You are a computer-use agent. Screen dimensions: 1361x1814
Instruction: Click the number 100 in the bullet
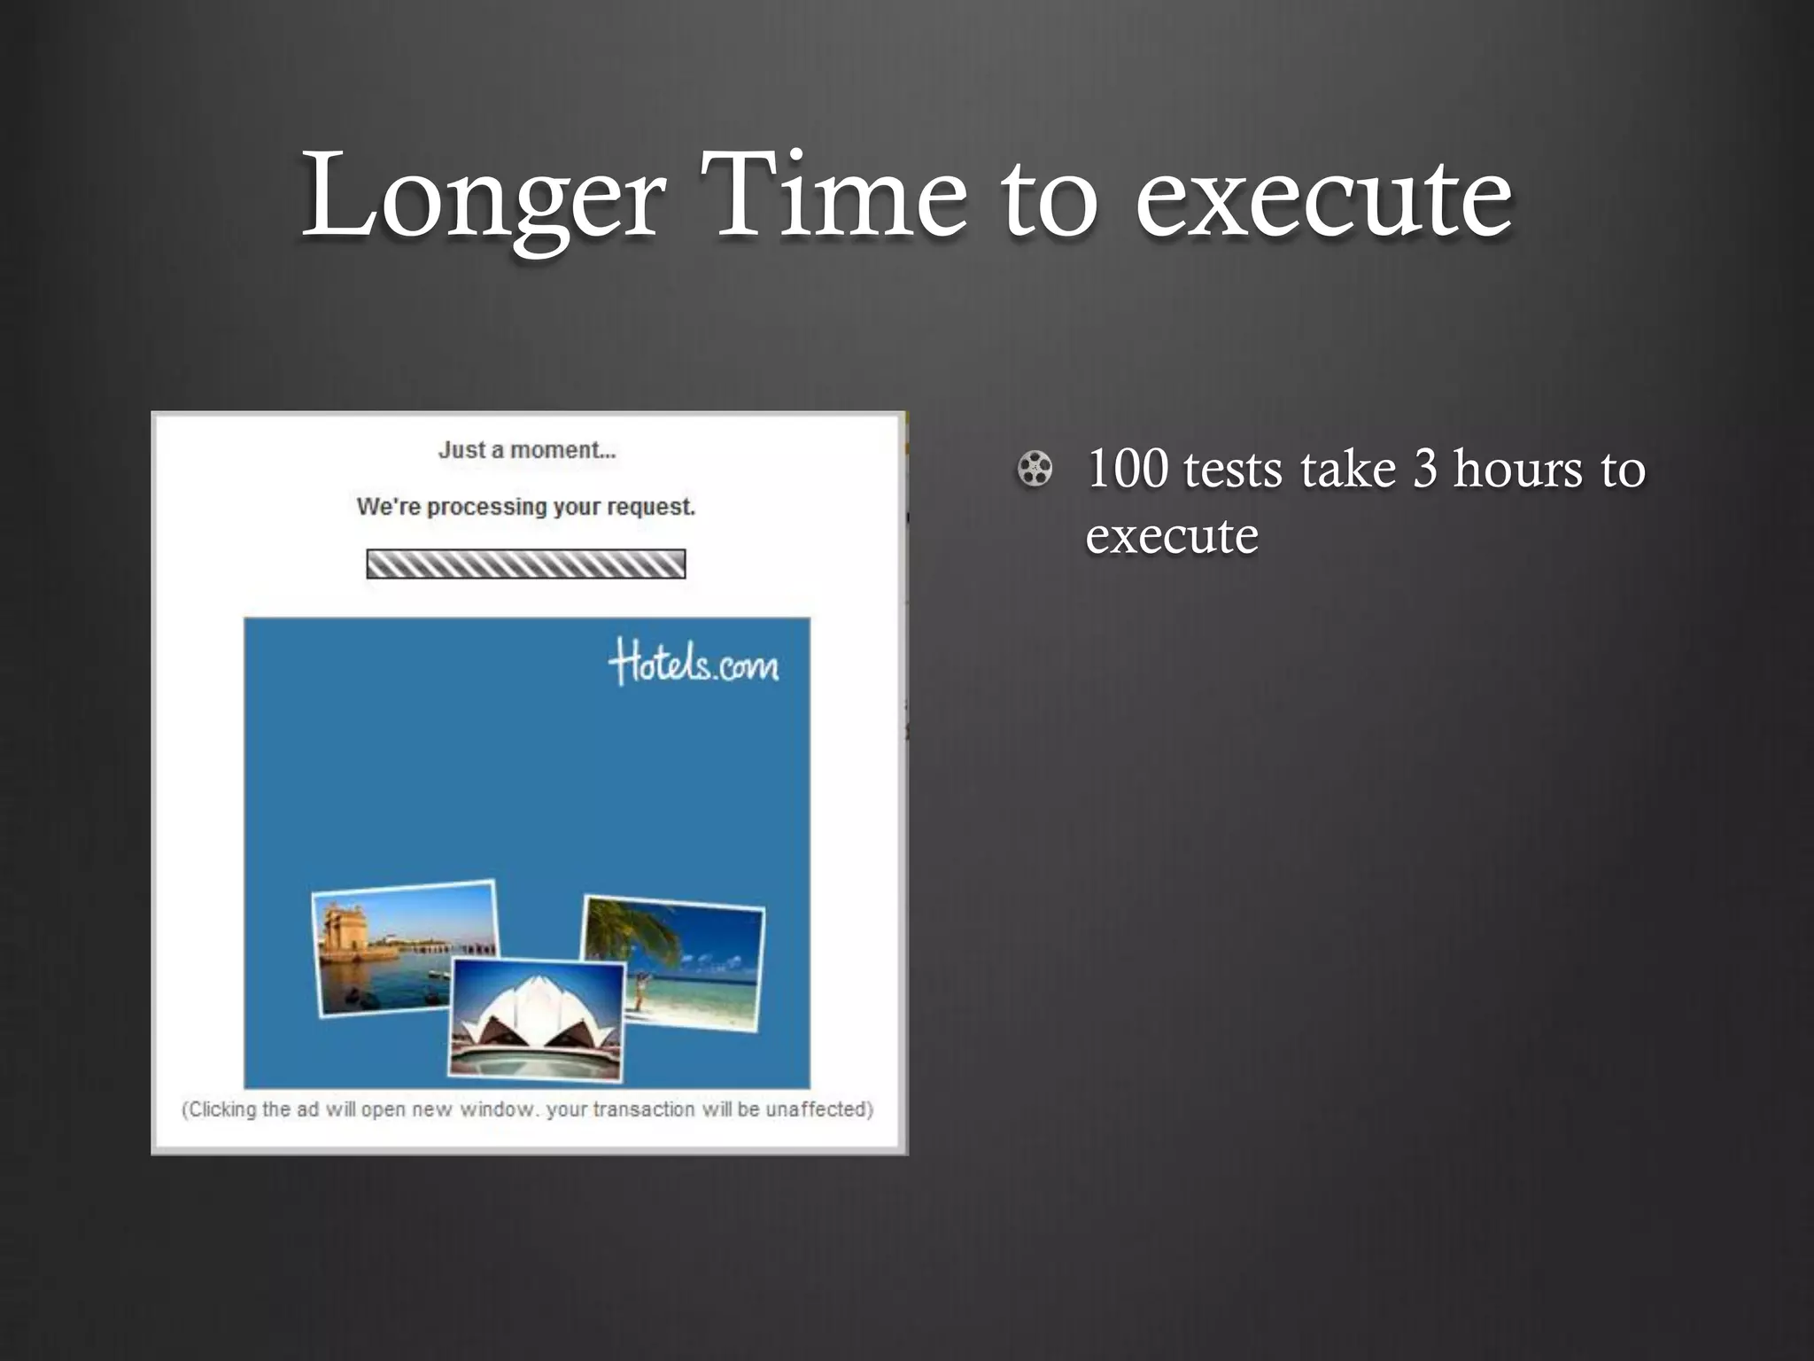(1127, 469)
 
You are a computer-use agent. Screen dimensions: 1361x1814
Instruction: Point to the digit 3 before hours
(1424, 469)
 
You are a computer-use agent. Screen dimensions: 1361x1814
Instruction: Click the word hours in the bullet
(1517, 469)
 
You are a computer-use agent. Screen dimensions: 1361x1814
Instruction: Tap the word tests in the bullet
(1232, 471)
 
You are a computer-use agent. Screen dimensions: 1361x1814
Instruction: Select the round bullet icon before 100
(1035, 470)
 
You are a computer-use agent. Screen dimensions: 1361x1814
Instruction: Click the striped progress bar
(526, 564)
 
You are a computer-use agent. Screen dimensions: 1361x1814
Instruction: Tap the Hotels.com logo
(694, 664)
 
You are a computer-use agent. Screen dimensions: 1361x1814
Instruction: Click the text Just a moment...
(527, 450)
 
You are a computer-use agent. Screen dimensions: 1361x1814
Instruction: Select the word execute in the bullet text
(1171, 536)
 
